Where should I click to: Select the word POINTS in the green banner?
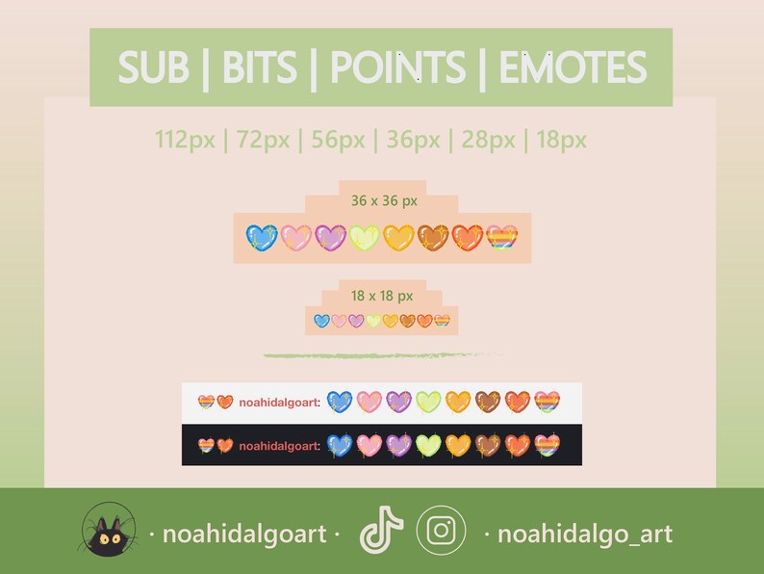397,68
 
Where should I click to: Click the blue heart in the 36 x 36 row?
262,238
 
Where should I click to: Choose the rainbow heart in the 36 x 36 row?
501,238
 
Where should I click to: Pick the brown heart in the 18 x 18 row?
407,321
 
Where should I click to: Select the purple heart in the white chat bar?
399,402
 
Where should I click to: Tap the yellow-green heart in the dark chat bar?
428,445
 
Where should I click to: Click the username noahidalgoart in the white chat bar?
279,403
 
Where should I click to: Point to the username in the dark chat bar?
279,446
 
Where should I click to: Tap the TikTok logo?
380,531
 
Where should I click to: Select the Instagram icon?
442,531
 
